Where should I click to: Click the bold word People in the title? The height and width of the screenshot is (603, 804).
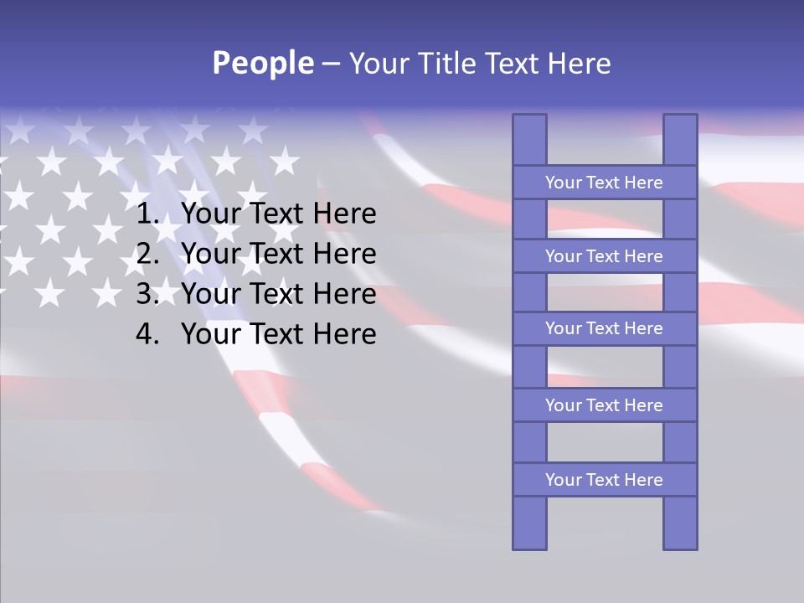pyautogui.click(x=263, y=64)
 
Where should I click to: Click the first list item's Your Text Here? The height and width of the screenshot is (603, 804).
pyautogui.click(x=279, y=214)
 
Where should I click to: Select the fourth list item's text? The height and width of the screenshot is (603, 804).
pyautogui.click(x=279, y=334)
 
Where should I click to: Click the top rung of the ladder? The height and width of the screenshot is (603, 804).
pyautogui.click(x=604, y=183)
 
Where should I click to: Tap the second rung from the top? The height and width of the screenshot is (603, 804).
pyautogui.click(x=604, y=256)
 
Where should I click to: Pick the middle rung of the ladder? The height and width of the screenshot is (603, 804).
pyautogui.click(x=604, y=328)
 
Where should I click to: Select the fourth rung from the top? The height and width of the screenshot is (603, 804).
pyautogui.click(x=604, y=405)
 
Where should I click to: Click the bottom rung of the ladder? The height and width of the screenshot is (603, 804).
pyautogui.click(x=604, y=480)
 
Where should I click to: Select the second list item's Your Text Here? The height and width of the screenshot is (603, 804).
pyautogui.click(x=279, y=254)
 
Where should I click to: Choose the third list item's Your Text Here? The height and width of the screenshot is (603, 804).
pyautogui.click(x=279, y=294)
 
